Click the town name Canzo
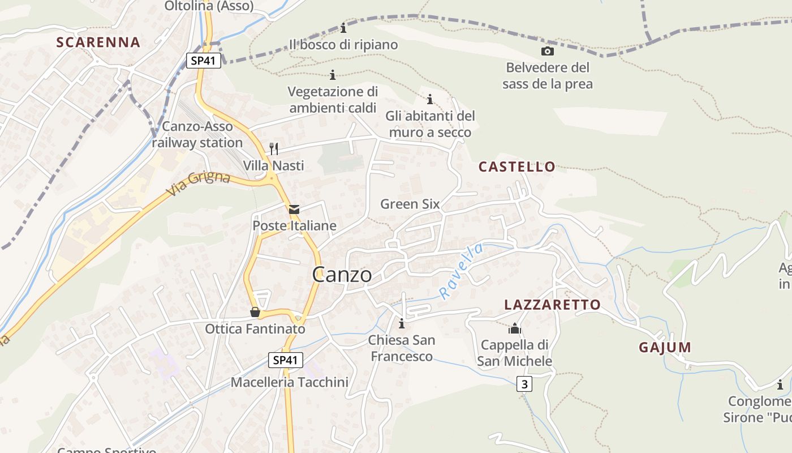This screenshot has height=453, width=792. (x=342, y=275)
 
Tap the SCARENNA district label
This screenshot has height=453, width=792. (x=98, y=42)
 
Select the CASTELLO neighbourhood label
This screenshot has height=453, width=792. (x=517, y=167)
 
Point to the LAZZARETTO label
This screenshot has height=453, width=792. (x=552, y=305)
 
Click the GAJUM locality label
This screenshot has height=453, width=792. (x=665, y=348)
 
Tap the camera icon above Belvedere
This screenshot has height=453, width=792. (x=547, y=52)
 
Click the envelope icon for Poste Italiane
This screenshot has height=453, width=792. (x=294, y=210)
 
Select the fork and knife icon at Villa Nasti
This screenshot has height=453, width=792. (x=274, y=149)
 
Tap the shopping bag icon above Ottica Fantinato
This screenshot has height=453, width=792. (x=255, y=313)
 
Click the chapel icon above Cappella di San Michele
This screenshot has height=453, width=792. (x=515, y=328)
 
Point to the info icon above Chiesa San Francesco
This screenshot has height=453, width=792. (x=402, y=324)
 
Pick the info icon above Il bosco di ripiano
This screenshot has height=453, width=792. (x=343, y=28)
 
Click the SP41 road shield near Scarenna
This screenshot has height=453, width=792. (x=204, y=61)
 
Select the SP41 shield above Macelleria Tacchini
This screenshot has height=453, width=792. (x=286, y=360)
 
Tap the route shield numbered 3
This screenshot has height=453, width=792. (x=524, y=384)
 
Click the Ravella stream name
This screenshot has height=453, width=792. (x=462, y=271)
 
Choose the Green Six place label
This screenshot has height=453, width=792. (x=410, y=204)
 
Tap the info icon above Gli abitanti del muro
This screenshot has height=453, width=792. (x=430, y=100)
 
